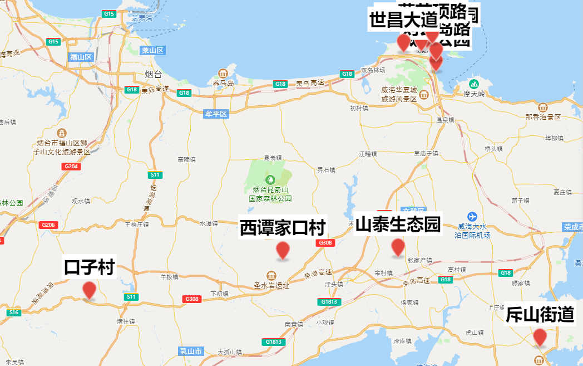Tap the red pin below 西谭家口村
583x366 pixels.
point(283,251)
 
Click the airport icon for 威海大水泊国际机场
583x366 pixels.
point(472,216)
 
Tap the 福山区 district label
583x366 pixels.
point(81,57)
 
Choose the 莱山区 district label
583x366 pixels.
point(152,51)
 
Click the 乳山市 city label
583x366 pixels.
point(191,352)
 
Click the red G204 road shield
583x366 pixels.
point(71,166)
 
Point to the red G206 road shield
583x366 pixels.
point(48,225)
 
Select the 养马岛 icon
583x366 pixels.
point(223,74)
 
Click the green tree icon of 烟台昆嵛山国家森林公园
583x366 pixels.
point(270,179)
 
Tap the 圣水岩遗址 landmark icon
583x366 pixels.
point(271,276)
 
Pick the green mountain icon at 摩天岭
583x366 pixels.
point(473,84)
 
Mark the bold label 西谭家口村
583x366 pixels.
point(283,228)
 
